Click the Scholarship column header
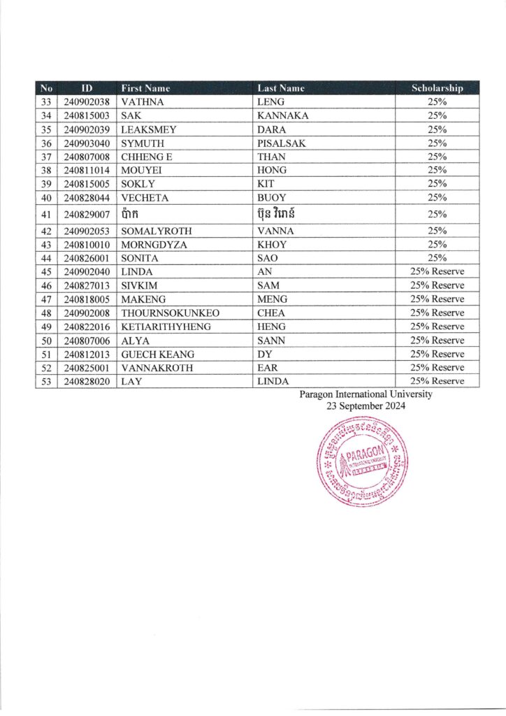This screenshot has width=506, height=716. pyautogui.click(x=438, y=88)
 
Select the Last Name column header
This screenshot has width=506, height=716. pyautogui.click(x=281, y=88)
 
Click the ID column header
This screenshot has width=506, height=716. pyautogui.click(x=87, y=88)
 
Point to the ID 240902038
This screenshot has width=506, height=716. pyautogui.click(x=87, y=102)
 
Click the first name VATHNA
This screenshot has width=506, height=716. pyautogui.click(x=142, y=102)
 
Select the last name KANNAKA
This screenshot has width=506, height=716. pyautogui.click(x=282, y=115)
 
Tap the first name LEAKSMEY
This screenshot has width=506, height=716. pyautogui.click(x=149, y=129)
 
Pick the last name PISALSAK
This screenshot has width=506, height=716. pyautogui.click(x=282, y=143)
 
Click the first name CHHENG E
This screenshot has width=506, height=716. pyautogui.click(x=147, y=157)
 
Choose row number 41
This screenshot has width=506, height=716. pyautogui.click(x=47, y=214)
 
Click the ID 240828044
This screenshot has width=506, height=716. pyautogui.click(x=87, y=197)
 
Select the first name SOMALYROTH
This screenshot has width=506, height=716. pyautogui.click(x=157, y=231)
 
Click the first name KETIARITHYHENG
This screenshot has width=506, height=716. pyautogui.click(x=166, y=327)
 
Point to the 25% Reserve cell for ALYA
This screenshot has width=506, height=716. pyautogui.click(x=438, y=341)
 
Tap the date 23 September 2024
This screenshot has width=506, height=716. pyautogui.click(x=366, y=406)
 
